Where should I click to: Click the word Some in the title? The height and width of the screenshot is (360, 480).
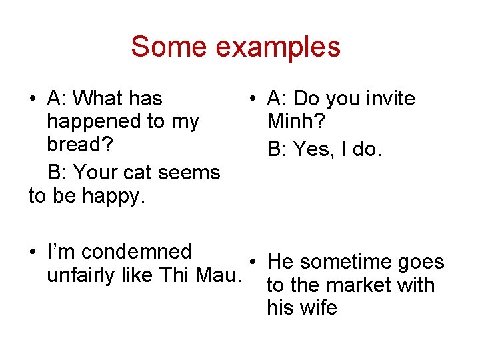point(160,47)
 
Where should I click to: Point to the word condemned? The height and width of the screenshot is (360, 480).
point(137,252)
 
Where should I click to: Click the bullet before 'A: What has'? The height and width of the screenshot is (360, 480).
point(33,99)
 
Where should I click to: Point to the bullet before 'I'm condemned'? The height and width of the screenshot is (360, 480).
point(33,253)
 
